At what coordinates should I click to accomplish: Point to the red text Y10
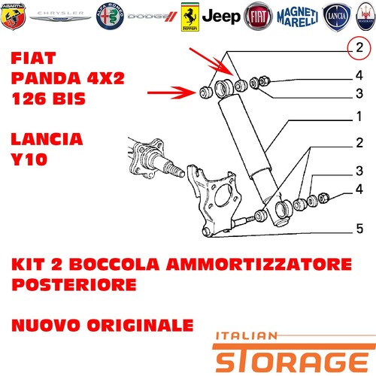[29, 159]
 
